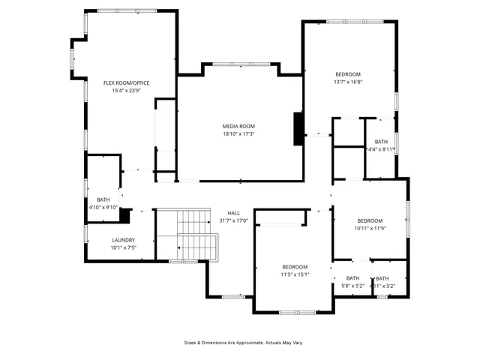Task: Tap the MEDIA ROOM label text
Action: click(238, 126)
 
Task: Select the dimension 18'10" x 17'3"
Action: click(238, 134)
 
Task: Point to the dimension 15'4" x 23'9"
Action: click(127, 90)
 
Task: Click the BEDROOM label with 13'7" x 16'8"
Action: click(348, 73)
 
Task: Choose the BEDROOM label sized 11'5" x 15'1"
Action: click(295, 267)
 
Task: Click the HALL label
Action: click(234, 212)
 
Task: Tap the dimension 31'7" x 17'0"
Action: click(234, 220)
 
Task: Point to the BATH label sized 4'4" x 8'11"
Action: click(381, 141)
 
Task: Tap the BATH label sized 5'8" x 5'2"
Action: click(352, 278)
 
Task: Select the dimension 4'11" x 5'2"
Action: click(382, 286)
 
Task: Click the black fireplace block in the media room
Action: click(298, 128)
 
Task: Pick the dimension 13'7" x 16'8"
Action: click(348, 82)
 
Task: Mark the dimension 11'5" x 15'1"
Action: click(295, 274)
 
